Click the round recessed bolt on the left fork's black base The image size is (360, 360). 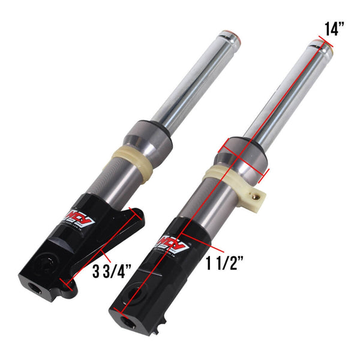click(x=43, y=264)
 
